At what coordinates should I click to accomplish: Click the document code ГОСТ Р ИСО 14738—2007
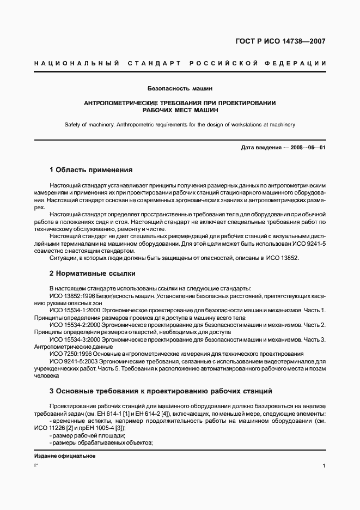pyautogui.click(x=280, y=41)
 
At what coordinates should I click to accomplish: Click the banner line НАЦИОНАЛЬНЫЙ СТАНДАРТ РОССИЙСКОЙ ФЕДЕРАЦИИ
pyautogui.click(x=180, y=64)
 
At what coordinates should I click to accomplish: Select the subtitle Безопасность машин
pyautogui.click(x=180, y=88)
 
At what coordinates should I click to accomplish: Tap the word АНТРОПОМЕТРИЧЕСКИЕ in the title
pyautogui.click(x=125, y=102)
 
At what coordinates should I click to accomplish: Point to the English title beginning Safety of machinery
pyautogui.click(x=180, y=125)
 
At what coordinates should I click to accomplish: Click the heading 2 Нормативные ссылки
pyautogui.click(x=92, y=273)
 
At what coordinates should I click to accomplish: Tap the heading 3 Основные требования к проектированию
pyautogui.click(x=157, y=391)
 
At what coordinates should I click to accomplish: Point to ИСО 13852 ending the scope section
pyautogui.click(x=282, y=258)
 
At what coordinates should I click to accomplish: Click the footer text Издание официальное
pyautogui.click(x=65, y=456)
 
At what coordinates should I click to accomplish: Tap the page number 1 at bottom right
pyautogui.click(x=324, y=466)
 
